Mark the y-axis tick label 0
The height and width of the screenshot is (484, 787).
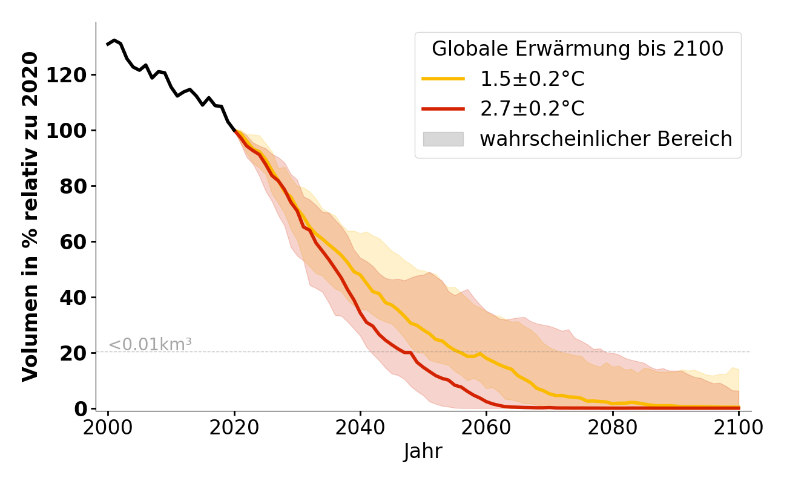(82, 409)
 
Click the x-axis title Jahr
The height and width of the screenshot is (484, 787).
(423, 452)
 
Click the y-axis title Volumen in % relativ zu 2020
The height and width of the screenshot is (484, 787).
(30, 217)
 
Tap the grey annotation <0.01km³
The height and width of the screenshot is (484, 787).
(150, 345)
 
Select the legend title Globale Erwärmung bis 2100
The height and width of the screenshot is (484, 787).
(578, 49)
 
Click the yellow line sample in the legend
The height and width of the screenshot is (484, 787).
(443, 79)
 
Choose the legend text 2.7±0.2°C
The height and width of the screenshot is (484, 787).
(532, 109)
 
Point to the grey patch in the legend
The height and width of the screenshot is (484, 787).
(443, 139)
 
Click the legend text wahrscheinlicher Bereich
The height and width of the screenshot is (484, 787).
(606, 139)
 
